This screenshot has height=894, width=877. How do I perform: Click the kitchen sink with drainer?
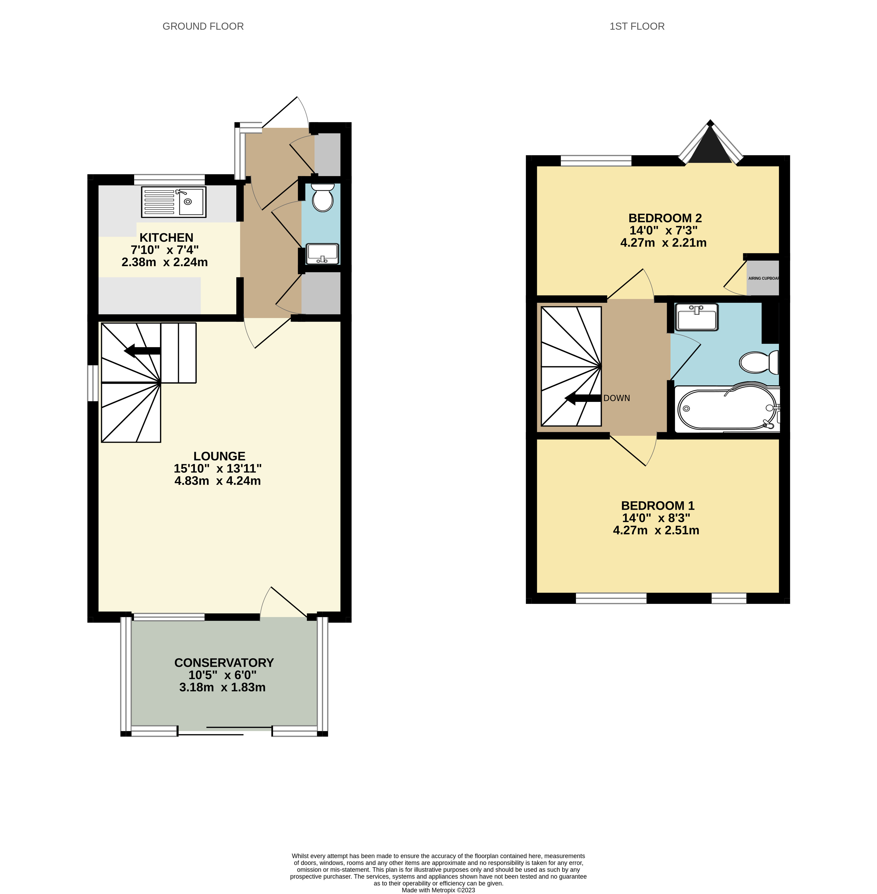[x=174, y=202]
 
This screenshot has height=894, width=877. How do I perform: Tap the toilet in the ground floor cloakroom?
[x=322, y=197]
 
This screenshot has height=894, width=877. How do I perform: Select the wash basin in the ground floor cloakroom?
[x=323, y=254]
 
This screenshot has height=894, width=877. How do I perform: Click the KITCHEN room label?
[x=166, y=238]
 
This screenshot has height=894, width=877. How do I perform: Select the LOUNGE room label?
[x=219, y=456]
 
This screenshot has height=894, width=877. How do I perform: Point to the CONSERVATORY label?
[x=224, y=663]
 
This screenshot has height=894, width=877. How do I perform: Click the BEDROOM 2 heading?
[x=665, y=218]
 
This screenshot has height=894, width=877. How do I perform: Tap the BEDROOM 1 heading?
[x=658, y=506]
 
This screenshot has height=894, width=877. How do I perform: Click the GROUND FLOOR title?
[x=203, y=26]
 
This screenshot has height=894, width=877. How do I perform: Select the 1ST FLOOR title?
[x=637, y=26]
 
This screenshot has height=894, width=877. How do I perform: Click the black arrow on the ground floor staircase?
[x=142, y=351]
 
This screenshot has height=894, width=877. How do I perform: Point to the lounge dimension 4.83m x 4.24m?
[x=217, y=481]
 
